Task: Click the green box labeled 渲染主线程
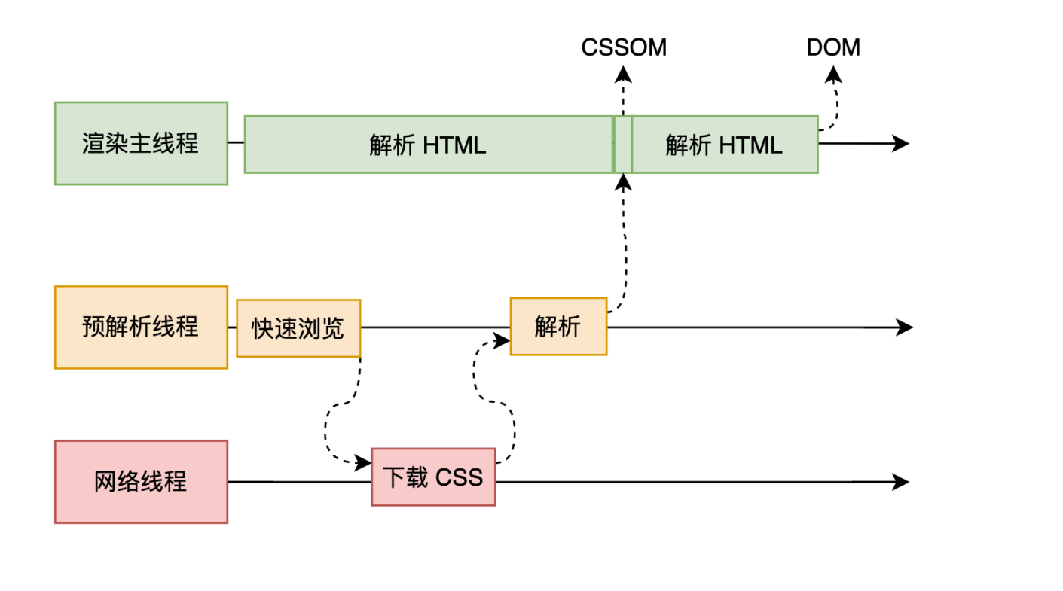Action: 141,143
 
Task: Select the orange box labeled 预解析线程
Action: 141,327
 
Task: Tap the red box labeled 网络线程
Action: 141,482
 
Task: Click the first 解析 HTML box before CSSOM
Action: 427,145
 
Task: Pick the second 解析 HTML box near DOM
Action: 724,145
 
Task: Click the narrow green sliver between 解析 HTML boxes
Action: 622,145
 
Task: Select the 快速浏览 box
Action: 298,328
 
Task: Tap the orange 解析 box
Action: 558,326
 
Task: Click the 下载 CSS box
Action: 433,477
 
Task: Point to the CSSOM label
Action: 624,47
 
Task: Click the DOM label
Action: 833,47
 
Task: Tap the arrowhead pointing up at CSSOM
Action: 623,73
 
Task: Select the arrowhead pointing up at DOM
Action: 833,74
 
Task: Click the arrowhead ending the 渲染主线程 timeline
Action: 901,143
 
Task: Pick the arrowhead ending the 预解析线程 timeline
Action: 904,327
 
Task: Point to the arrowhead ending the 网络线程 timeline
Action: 901,482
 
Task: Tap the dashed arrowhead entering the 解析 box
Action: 502,340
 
